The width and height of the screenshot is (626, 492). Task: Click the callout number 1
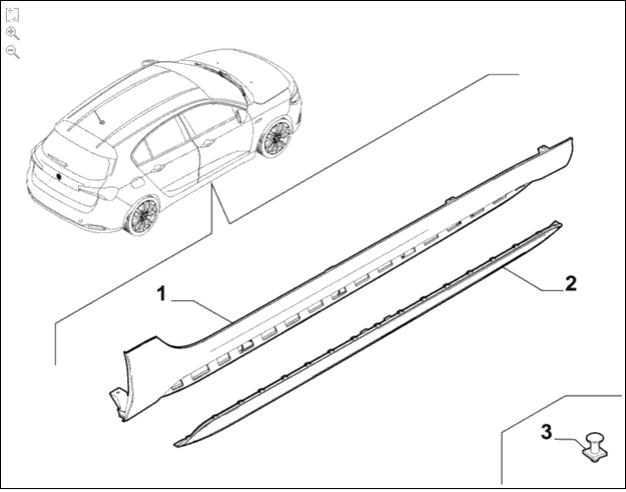click(161, 294)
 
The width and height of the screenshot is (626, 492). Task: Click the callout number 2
click(571, 283)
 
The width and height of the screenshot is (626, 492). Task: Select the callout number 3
click(546, 432)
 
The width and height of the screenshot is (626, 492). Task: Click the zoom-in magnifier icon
click(13, 33)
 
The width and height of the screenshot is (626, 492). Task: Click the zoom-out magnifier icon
click(13, 52)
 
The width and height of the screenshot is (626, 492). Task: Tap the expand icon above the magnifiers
click(13, 15)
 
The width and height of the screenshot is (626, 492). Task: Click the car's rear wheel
click(142, 215)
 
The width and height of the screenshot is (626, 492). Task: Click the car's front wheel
click(277, 137)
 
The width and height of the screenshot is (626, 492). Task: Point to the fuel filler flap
click(136, 184)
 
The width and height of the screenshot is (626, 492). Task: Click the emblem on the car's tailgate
click(58, 176)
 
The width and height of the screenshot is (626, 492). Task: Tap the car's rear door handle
click(157, 167)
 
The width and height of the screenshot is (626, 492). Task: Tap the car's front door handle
click(208, 143)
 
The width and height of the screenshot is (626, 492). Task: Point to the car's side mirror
click(240, 115)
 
